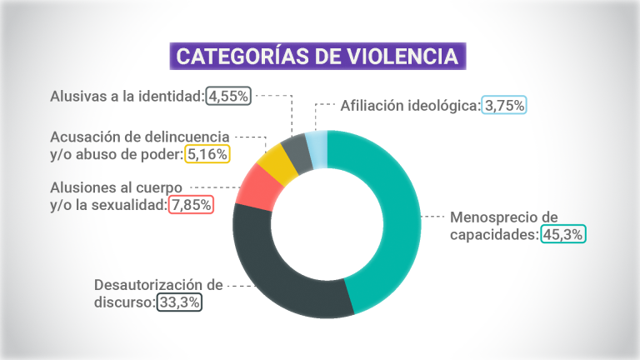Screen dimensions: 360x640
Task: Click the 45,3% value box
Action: [x=563, y=235]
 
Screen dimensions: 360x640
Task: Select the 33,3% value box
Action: [x=179, y=302]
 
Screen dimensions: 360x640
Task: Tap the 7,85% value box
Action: [x=191, y=204]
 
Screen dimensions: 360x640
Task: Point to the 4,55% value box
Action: [x=228, y=96]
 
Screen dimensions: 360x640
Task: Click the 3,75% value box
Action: [x=505, y=106]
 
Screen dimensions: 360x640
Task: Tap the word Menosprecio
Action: [x=492, y=217]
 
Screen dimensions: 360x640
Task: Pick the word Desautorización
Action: [x=148, y=285]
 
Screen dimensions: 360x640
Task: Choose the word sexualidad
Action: [x=130, y=204]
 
